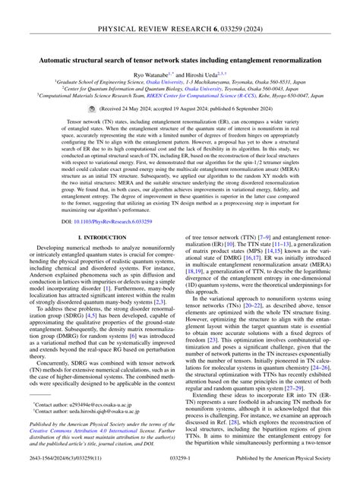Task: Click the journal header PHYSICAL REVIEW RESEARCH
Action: (x=180, y=10)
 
